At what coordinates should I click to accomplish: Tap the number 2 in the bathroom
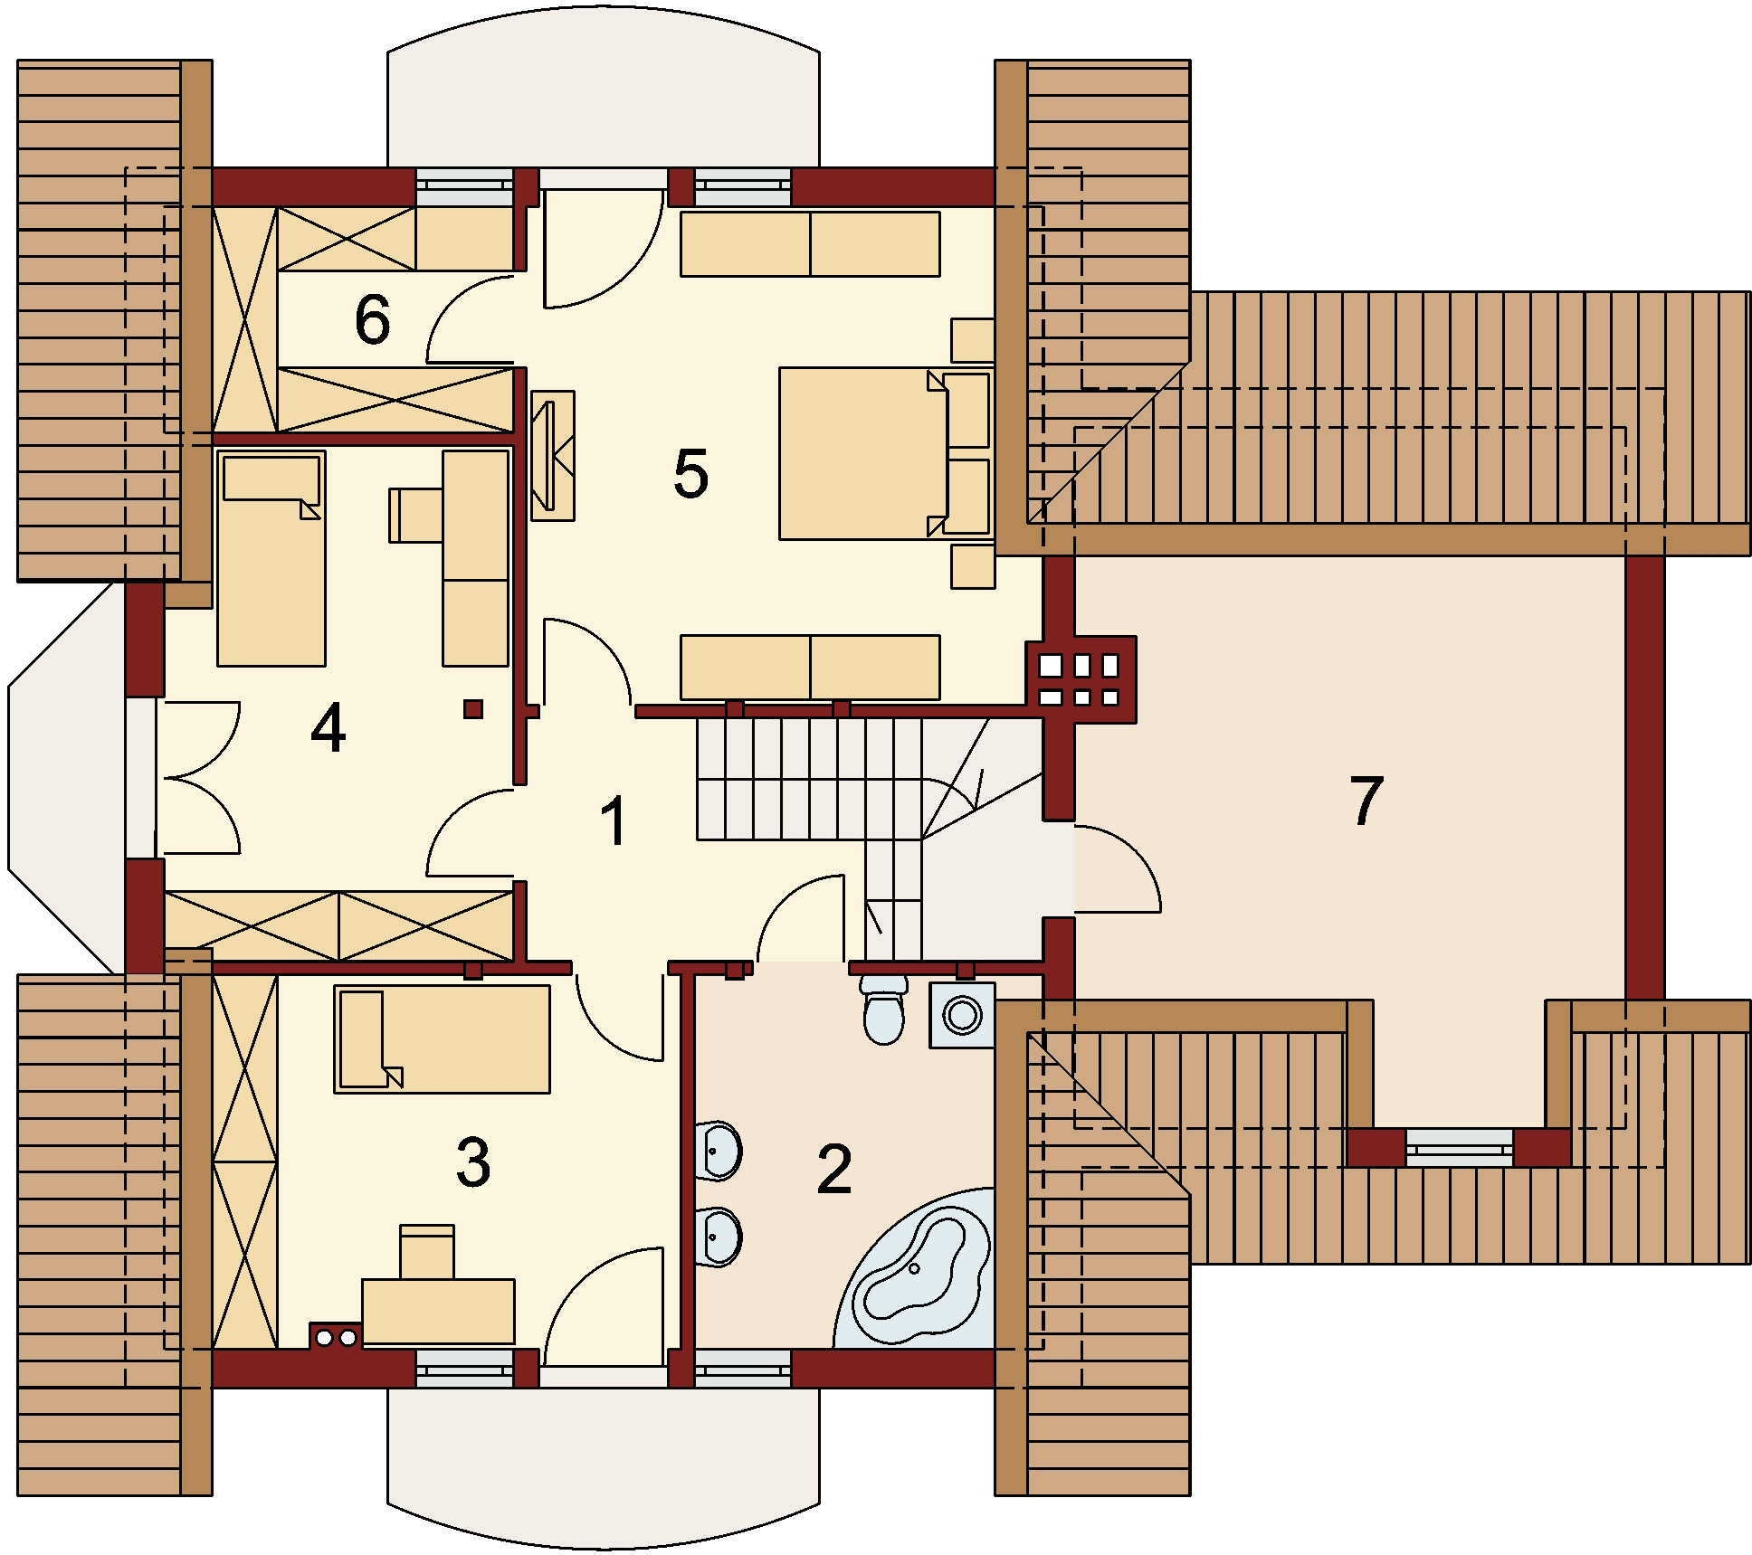(x=833, y=1169)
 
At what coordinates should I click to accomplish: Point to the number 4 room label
(x=328, y=730)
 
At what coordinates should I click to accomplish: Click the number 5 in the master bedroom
(x=690, y=473)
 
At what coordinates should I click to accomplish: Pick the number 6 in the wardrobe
(x=372, y=320)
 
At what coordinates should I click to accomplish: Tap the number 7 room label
(x=1366, y=801)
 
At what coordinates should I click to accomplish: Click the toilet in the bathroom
(x=883, y=1007)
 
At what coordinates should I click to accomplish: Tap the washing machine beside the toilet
(x=962, y=1015)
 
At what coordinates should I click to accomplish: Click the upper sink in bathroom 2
(x=720, y=1152)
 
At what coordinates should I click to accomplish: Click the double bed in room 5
(x=863, y=453)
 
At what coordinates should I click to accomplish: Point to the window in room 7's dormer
(x=1459, y=1148)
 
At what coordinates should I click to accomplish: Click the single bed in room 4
(x=271, y=558)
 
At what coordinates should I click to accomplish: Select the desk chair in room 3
(x=426, y=1251)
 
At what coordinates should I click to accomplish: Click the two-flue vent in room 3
(x=336, y=1336)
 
